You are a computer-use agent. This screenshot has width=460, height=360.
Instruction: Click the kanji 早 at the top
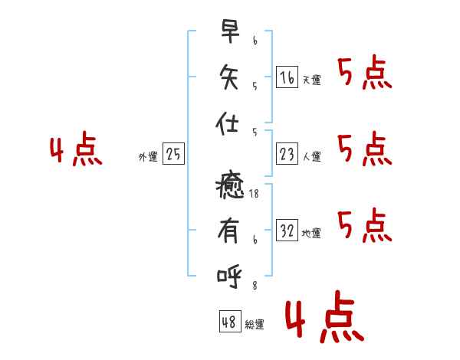(x=230, y=31)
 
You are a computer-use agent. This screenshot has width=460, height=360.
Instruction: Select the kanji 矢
(x=228, y=77)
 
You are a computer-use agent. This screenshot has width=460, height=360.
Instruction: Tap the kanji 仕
(x=227, y=123)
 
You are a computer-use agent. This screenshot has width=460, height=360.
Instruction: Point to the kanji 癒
(x=230, y=185)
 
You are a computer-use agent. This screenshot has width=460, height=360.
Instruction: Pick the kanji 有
(x=228, y=231)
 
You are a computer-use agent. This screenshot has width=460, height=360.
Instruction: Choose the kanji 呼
(x=229, y=277)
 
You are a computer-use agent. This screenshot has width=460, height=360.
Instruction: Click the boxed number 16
(x=287, y=77)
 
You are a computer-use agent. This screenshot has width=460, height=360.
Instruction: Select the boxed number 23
(x=287, y=154)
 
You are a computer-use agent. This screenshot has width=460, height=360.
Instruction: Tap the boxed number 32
(x=287, y=230)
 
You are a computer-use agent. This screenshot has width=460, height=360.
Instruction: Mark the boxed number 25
(x=173, y=154)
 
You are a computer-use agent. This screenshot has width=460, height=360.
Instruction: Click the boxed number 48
(x=230, y=321)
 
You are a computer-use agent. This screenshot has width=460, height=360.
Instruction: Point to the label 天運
(x=312, y=80)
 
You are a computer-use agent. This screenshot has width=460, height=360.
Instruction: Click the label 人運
(x=312, y=156)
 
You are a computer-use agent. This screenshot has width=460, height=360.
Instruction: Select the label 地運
(x=311, y=233)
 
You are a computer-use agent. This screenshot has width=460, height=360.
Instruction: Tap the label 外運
(x=148, y=156)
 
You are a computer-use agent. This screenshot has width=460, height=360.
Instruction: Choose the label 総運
(x=255, y=324)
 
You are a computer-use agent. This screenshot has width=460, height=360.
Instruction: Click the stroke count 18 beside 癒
(x=254, y=194)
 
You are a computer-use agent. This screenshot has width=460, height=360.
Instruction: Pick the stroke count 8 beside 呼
(x=255, y=286)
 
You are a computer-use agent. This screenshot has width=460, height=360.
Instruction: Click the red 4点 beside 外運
(x=76, y=149)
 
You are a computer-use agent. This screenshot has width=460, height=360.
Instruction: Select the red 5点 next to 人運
(x=365, y=149)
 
